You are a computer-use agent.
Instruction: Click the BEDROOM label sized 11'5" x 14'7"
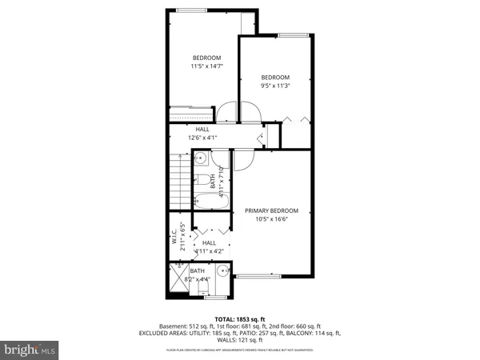pos(206,58)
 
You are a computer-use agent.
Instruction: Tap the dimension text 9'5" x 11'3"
pos(274,86)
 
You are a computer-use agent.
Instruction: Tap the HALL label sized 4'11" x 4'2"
pos(209,242)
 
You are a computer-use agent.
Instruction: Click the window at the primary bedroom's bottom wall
pos(257,276)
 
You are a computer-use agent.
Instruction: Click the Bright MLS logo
pos(30,350)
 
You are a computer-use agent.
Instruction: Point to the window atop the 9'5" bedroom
pos(294,35)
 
